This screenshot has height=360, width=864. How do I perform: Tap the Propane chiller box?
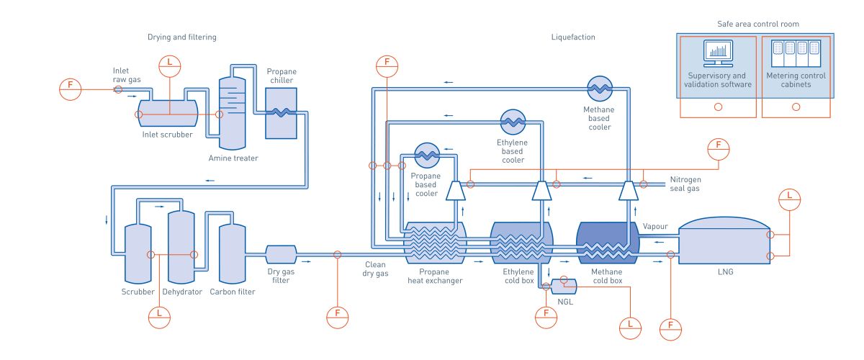pos(281,113)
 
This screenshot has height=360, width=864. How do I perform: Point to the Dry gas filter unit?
pos(281,254)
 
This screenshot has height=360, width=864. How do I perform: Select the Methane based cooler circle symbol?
pos(599,88)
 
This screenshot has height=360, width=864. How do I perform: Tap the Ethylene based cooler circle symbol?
pos(513,122)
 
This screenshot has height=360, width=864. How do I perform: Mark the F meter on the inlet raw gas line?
pos(71,89)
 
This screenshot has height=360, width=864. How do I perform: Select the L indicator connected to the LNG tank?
pos(790,199)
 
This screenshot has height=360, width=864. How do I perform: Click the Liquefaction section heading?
pos(573,37)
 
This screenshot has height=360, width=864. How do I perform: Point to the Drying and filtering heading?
pos(181,37)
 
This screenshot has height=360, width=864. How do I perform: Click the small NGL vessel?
pos(563,286)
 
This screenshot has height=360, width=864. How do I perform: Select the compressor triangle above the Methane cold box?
pos(629,190)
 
